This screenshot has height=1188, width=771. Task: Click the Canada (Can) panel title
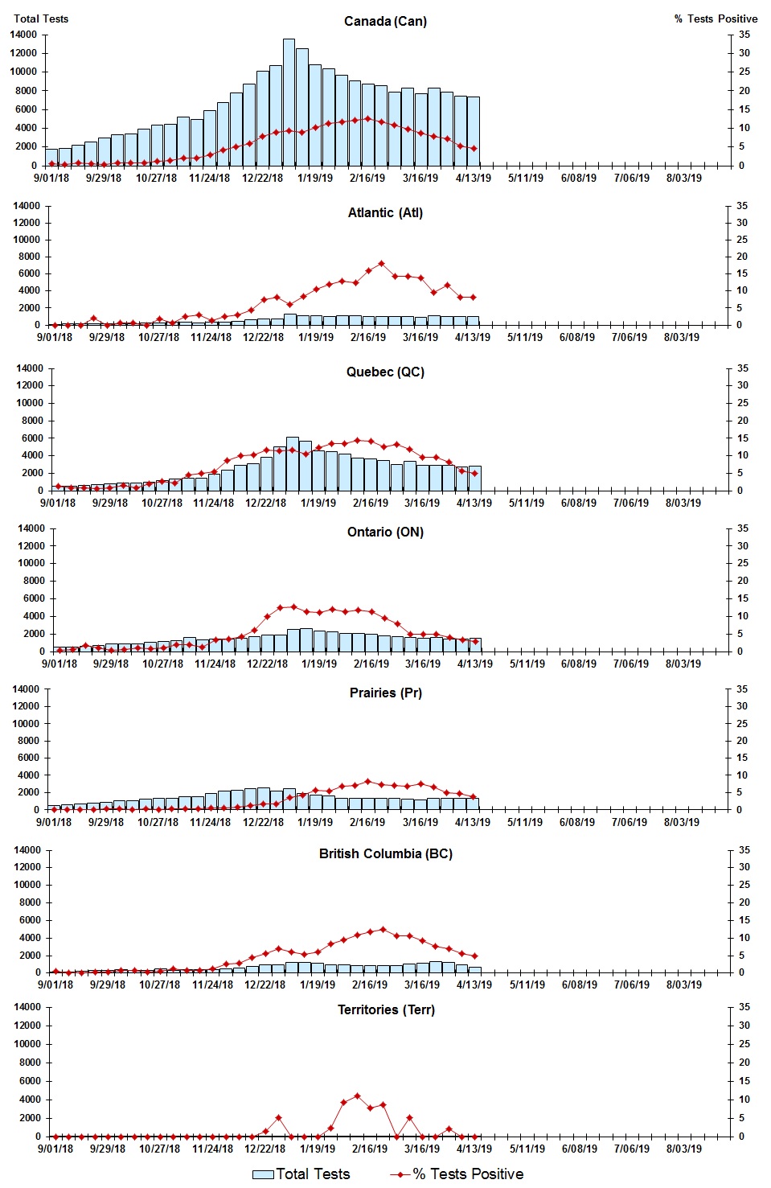[x=385, y=21]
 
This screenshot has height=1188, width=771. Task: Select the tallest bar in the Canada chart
[x=289, y=102]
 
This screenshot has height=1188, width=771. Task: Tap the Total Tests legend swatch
[x=263, y=1174]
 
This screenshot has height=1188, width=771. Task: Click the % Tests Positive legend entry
[x=467, y=1174]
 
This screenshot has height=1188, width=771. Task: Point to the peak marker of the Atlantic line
[x=381, y=264]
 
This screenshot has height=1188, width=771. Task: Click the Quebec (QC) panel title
[x=385, y=372]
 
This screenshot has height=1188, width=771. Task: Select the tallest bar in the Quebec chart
[x=293, y=464]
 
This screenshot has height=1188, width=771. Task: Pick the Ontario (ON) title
[x=385, y=532]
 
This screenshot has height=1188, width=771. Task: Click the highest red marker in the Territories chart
[x=357, y=1096]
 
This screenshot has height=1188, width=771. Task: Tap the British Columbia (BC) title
[x=385, y=853]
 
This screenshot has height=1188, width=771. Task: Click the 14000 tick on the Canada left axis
[x=23, y=35]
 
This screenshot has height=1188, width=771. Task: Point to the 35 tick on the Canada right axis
[x=744, y=35]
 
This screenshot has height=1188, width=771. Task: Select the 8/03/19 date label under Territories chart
[x=683, y=1149]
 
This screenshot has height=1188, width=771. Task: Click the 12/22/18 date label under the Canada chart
[x=262, y=178]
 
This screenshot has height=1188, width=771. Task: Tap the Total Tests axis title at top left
[x=41, y=18]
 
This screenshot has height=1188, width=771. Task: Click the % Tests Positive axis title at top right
[x=716, y=18]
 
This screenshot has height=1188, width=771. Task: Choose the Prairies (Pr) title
[x=385, y=693]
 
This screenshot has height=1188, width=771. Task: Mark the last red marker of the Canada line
[x=474, y=149]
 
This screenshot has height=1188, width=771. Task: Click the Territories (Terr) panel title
[x=385, y=1009]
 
